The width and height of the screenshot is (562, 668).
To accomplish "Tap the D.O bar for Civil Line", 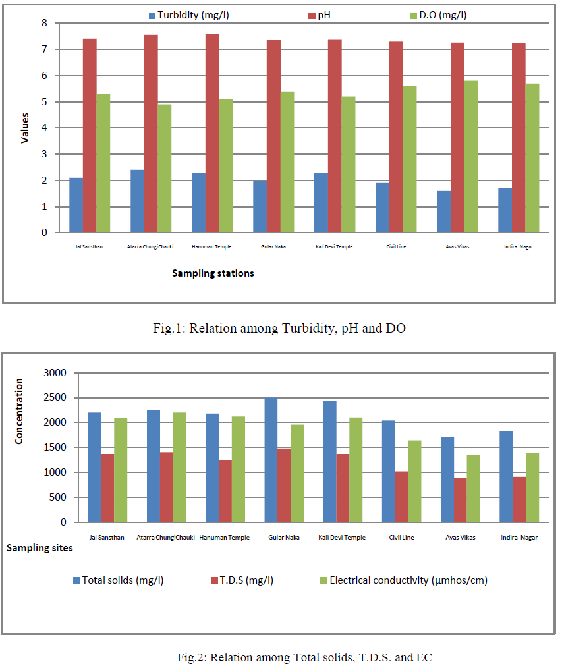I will point(409,159).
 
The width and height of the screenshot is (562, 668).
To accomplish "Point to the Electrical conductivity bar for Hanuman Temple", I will point(238,469).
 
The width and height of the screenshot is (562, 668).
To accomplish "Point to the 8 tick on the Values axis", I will point(44,23).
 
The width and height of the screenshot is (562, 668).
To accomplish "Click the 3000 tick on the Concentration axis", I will point(55,373).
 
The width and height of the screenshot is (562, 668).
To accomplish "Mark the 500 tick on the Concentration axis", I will point(59,497).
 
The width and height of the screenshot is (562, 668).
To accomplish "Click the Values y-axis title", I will point(24,128).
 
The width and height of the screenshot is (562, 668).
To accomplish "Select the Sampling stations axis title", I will point(213,273).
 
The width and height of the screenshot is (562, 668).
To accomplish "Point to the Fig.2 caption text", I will point(304,656).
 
